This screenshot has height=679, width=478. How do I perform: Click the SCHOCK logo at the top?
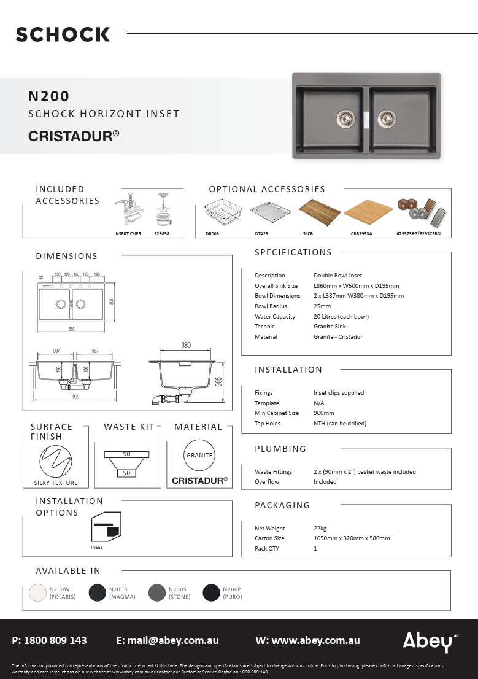[63, 34]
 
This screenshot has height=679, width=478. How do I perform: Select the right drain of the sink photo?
[386, 117]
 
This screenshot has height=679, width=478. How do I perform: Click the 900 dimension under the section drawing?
[75, 397]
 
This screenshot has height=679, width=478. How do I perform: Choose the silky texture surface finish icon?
[55, 461]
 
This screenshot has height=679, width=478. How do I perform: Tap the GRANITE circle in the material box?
[199, 456]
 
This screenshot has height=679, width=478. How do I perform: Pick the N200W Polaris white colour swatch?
[39, 592]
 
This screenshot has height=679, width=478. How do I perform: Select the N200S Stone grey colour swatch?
[158, 592]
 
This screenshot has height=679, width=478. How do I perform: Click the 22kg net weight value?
[320, 528]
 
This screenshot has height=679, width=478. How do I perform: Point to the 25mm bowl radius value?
[322, 306]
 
